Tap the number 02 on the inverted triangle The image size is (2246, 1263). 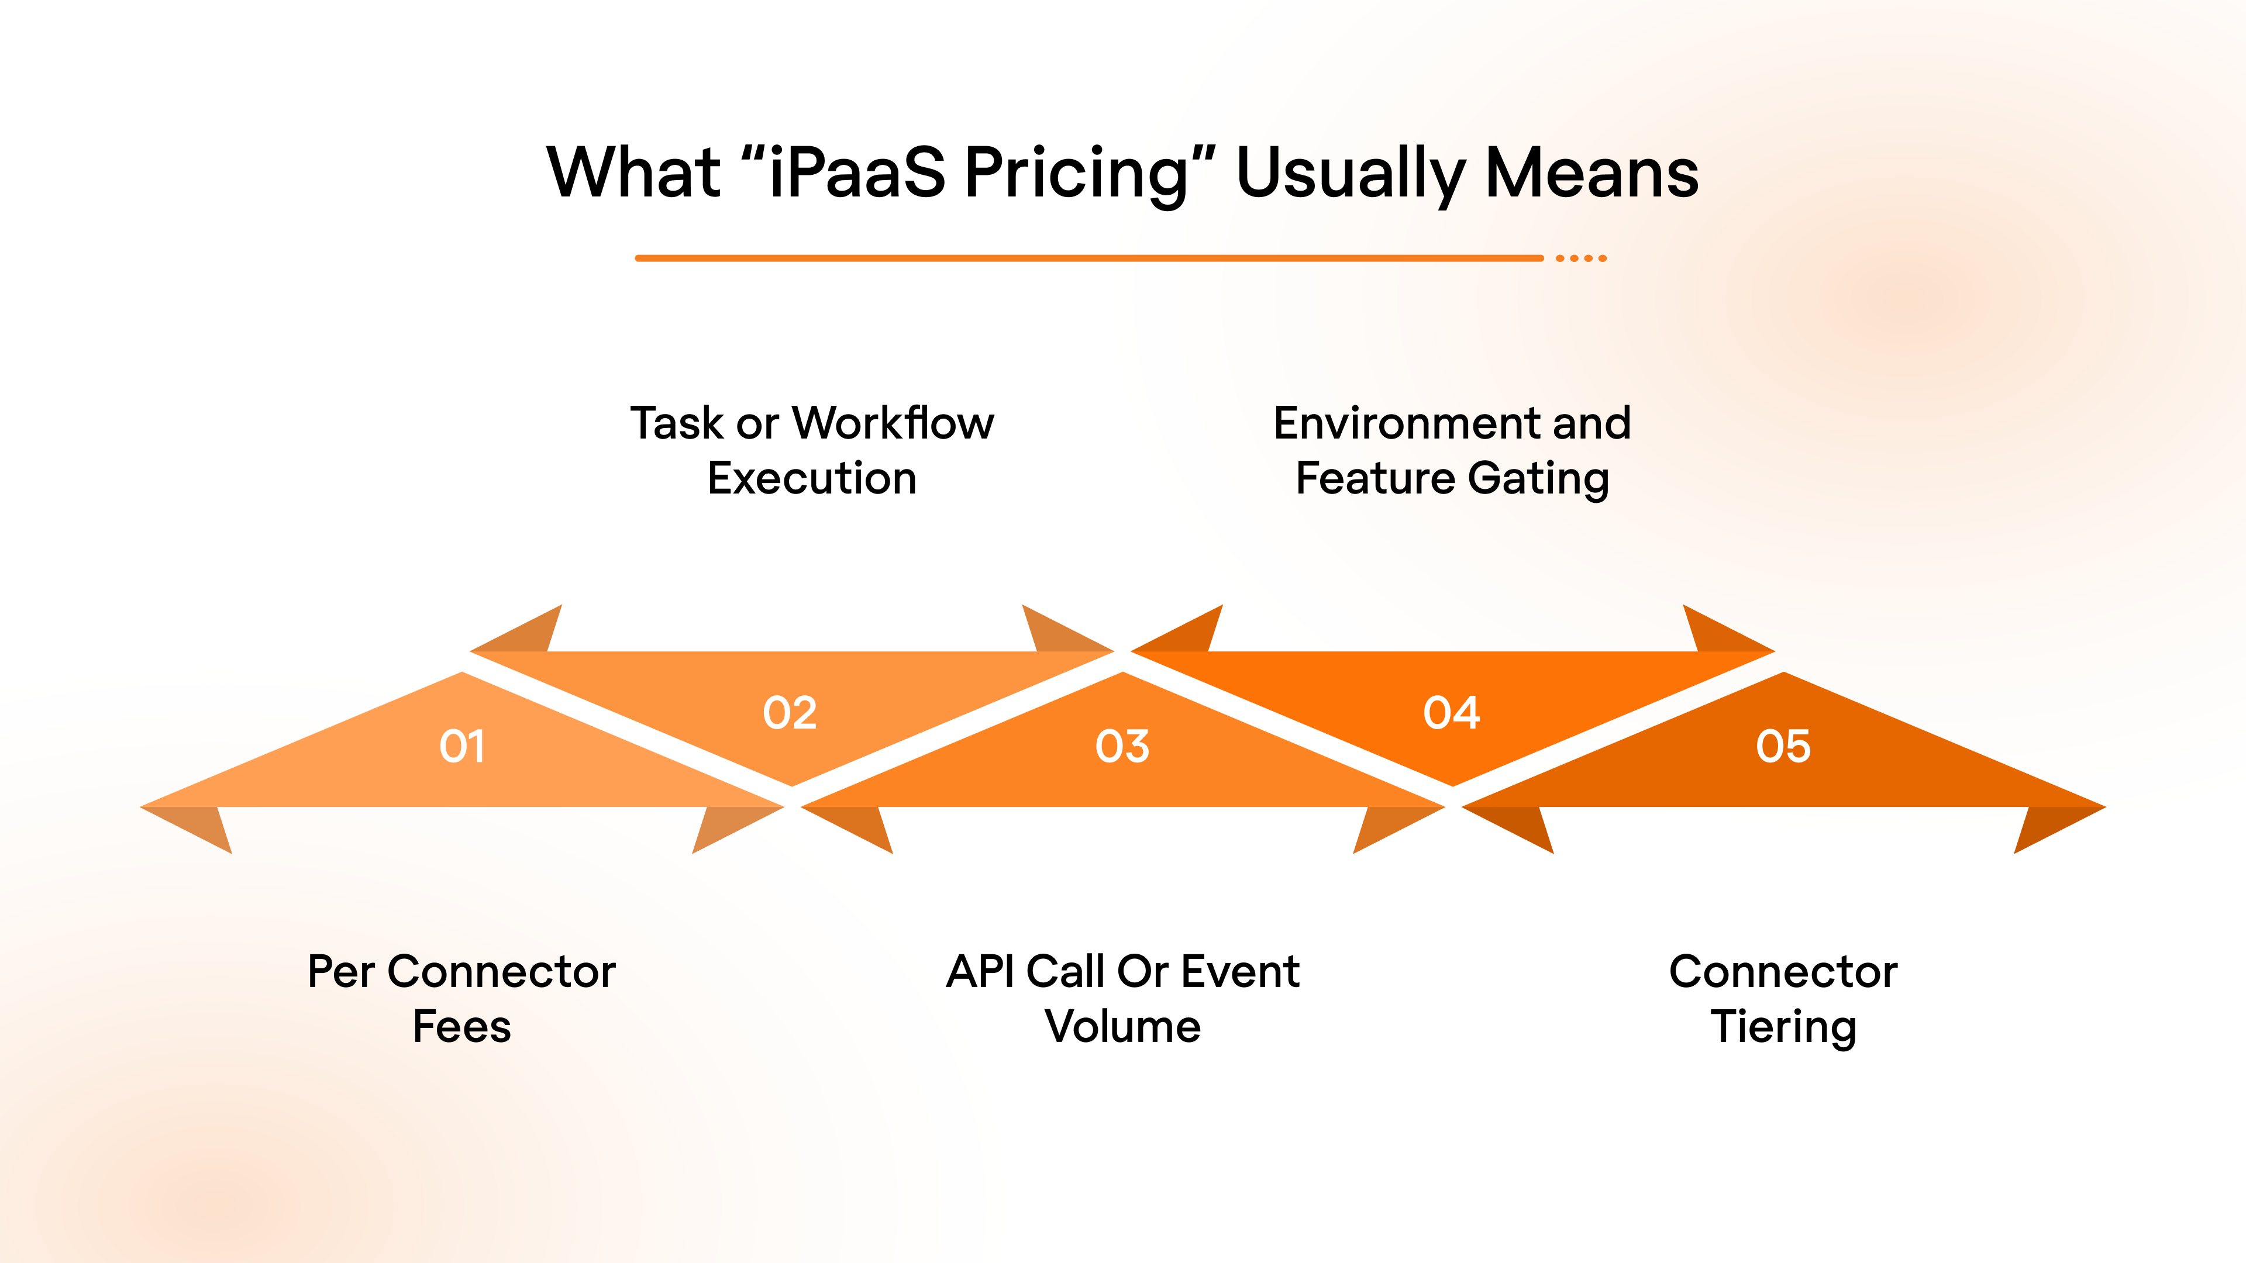pos(790,713)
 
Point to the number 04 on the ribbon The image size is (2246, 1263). pos(1452,713)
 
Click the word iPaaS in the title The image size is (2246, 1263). pos(857,172)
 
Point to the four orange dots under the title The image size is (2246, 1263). pos(1581,258)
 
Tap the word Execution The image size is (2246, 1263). pos(812,478)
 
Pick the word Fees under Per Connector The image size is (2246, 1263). pos(461,1027)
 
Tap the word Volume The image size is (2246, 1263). pos(1122,1027)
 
